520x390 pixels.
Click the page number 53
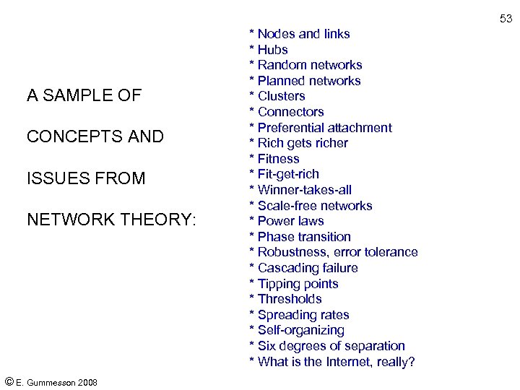coord(506,19)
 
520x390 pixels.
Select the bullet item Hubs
coord(272,50)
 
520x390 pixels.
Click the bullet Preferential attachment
coord(324,128)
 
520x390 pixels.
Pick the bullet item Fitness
coord(278,159)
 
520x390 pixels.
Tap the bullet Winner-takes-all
coord(304,190)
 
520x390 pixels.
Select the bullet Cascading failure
coord(308,268)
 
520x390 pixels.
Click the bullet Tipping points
coord(298,284)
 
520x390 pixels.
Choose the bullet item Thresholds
coord(290,299)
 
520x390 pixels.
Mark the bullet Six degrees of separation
coord(331,346)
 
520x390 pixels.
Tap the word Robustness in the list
coord(292,252)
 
